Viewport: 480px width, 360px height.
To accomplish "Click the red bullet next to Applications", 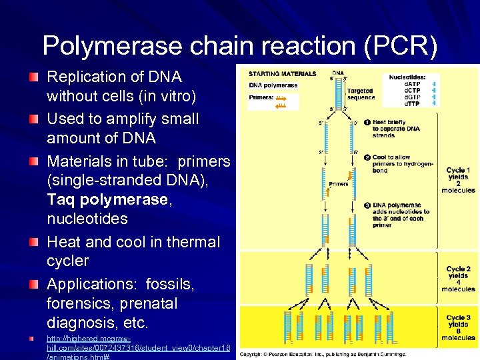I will (33, 285).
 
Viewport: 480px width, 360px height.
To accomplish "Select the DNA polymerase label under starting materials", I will (273, 85).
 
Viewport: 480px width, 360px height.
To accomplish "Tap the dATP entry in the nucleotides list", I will (414, 83).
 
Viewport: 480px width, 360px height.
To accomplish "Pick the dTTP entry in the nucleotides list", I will (414, 103).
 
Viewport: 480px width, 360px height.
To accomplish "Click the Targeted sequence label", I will (361, 94).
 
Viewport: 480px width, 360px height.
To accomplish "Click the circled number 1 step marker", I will (366, 123).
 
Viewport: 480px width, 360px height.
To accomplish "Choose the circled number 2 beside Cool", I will (366, 157).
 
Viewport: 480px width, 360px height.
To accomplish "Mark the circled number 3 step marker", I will (366, 205).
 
